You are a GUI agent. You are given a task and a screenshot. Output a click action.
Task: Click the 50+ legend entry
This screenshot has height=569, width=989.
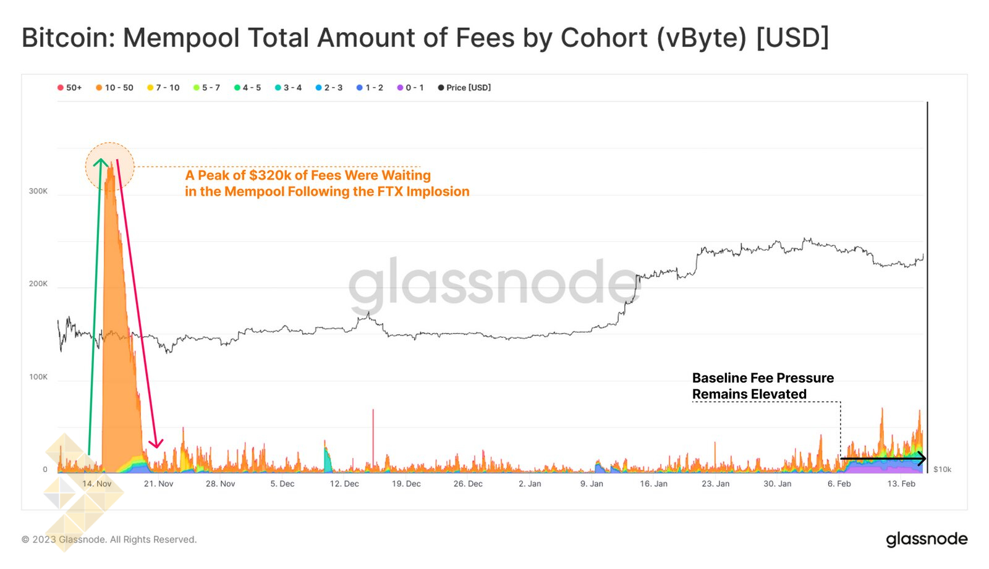click(70, 88)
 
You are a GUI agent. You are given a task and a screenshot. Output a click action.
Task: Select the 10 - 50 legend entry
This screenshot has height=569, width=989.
click(115, 88)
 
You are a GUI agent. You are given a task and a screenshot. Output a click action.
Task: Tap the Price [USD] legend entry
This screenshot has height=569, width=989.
click(464, 88)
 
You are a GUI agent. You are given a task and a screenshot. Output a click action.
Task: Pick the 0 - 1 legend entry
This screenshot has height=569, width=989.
click(410, 88)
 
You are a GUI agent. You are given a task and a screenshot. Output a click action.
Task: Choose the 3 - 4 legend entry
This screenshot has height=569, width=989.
click(289, 88)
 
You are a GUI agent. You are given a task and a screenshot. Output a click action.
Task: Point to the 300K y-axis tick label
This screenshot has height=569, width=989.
click(38, 192)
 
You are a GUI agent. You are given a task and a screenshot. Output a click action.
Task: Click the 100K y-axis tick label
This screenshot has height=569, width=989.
click(38, 377)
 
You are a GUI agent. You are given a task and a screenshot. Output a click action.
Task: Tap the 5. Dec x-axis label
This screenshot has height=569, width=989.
click(282, 484)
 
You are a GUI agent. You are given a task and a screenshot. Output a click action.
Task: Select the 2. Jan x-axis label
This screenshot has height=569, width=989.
click(530, 484)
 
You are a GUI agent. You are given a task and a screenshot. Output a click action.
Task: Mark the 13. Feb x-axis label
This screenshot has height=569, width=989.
click(901, 484)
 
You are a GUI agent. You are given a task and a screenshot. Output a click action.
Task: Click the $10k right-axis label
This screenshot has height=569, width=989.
click(942, 470)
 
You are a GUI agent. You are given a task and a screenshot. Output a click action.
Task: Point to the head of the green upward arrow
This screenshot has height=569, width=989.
click(100, 162)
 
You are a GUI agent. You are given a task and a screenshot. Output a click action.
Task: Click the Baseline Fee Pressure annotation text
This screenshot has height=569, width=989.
click(763, 378)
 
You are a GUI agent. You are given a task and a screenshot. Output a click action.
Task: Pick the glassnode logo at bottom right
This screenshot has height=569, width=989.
click(927, 539)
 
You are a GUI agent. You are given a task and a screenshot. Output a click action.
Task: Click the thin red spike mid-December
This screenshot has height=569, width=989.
click(373, 432)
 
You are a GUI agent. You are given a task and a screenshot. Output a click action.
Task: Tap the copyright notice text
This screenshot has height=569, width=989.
click(109, 539)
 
